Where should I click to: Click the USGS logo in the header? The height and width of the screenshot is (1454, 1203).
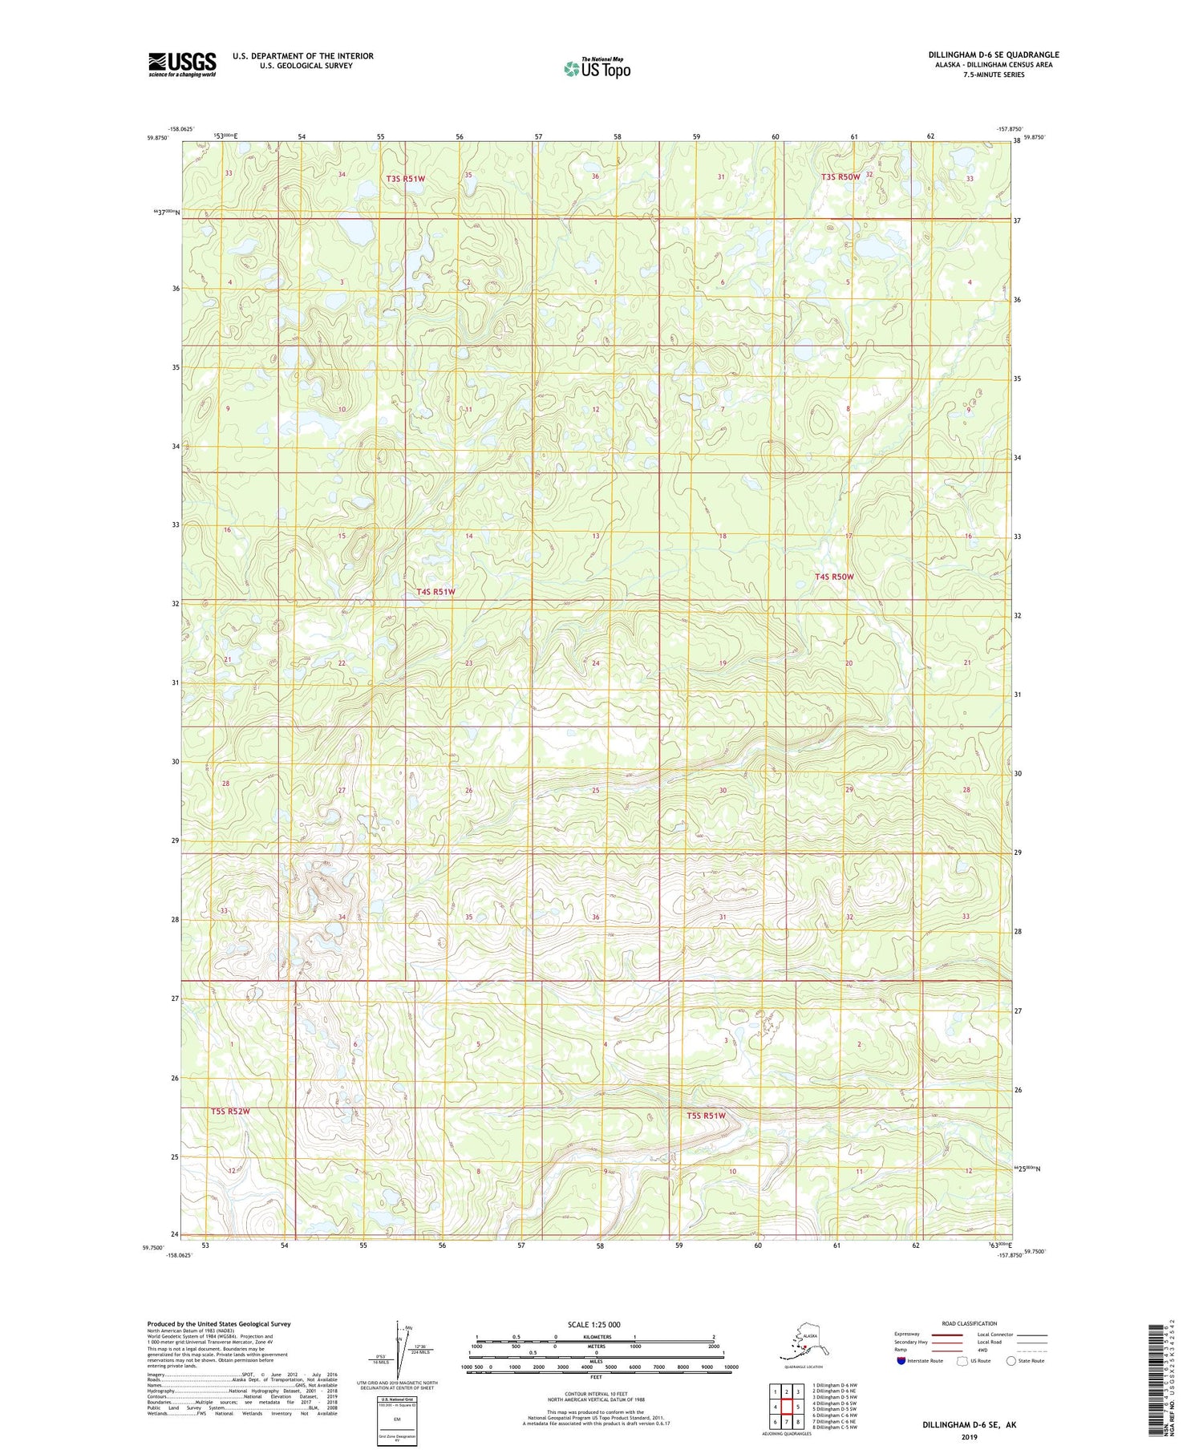pyautogui.click(x=182, y=64)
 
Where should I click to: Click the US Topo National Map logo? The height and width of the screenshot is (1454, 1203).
pyautogui.click(x=597, y=68)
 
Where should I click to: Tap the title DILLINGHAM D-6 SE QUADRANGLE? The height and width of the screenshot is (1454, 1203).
pyautogui.click(x=994, y=55)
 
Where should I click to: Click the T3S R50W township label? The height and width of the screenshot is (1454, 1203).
pyautogui.click(x=840, y=176)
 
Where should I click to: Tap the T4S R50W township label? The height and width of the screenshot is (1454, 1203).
pyautogui.click(x=834, y=577)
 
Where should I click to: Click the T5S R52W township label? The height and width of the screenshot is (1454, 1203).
pyautogui.click(x=231, y=1112)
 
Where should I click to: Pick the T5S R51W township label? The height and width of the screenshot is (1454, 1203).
pyautogui.click(x=706, y=1116)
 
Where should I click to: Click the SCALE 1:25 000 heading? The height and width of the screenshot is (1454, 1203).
pyautogui.click(x=593, y=1325)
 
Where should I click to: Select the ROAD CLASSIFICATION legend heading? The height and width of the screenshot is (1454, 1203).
pyautogui.click(x=970, y=1323)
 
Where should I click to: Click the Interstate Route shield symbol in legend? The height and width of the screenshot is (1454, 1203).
pyautogui.click(x=901, y=1361)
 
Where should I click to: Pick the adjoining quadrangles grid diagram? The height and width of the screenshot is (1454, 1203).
pyautogui.click(x=787, y=1406)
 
